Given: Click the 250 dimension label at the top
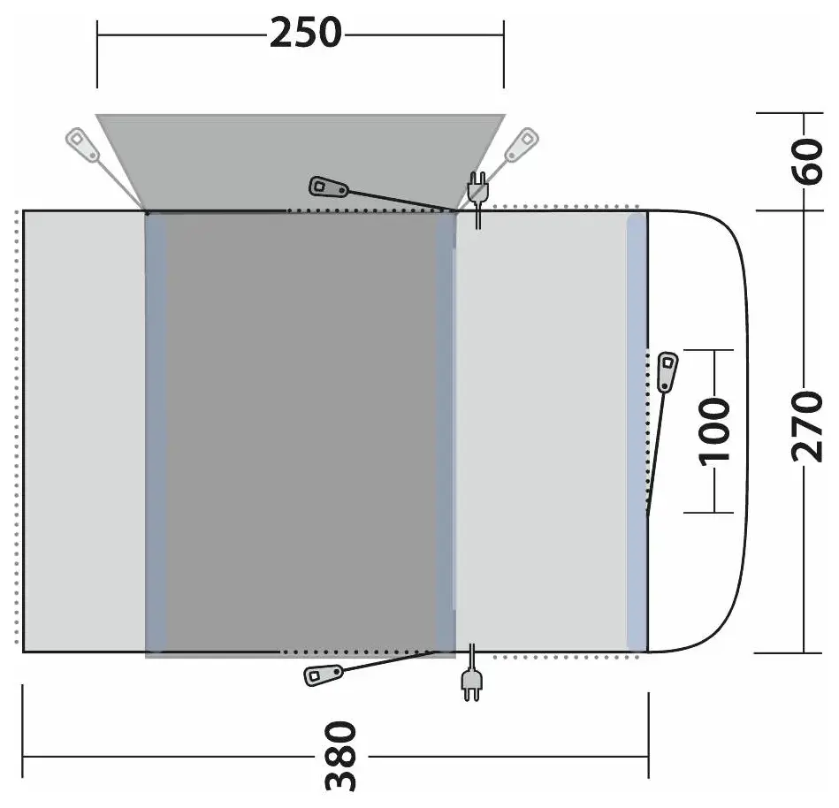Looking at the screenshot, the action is pos(306,34).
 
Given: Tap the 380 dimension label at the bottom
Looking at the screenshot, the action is pos(341,756).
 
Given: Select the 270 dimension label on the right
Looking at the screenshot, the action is pos(807,426).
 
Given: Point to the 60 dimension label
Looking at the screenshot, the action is pos(807,162).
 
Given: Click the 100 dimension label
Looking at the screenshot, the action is pos(715,431).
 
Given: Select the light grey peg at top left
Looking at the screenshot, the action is pos(82,144).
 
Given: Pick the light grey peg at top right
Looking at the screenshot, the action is pos(522,144).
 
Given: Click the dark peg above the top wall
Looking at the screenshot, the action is pos(329,187).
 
